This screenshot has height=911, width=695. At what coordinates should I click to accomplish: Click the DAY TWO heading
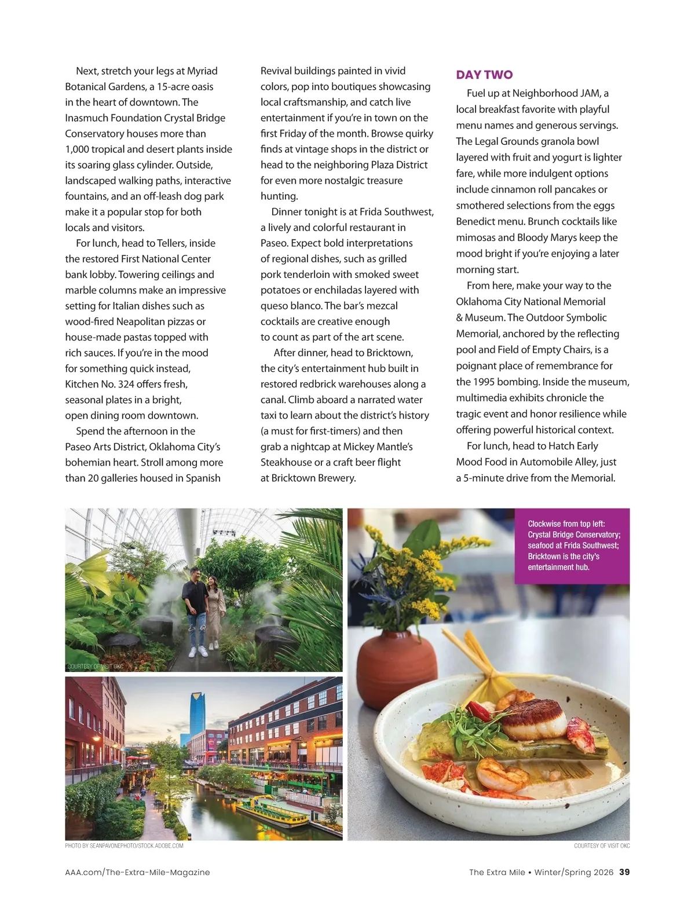pyautogui.click(x=484, y=75)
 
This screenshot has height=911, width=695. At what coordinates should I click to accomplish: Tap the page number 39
pyautogui.click(x=624, y=872)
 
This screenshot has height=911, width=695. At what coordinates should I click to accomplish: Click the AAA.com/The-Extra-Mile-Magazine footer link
pyautogui.click(x=137, y=872)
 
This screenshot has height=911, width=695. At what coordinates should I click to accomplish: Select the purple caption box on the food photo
pyautogui.click(x=572, y=545)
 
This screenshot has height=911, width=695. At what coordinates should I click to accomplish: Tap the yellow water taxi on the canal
pyautogui.click(x=272, y=811)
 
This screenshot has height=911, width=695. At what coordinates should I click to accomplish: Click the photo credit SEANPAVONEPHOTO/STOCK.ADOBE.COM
pyautogui.click(x=124, y=846)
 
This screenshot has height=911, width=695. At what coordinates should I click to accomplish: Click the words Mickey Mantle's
pyautogui.click(x=378, y=447)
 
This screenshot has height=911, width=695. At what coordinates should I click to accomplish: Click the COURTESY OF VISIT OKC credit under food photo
pyautogui.click(x=601, y=846)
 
